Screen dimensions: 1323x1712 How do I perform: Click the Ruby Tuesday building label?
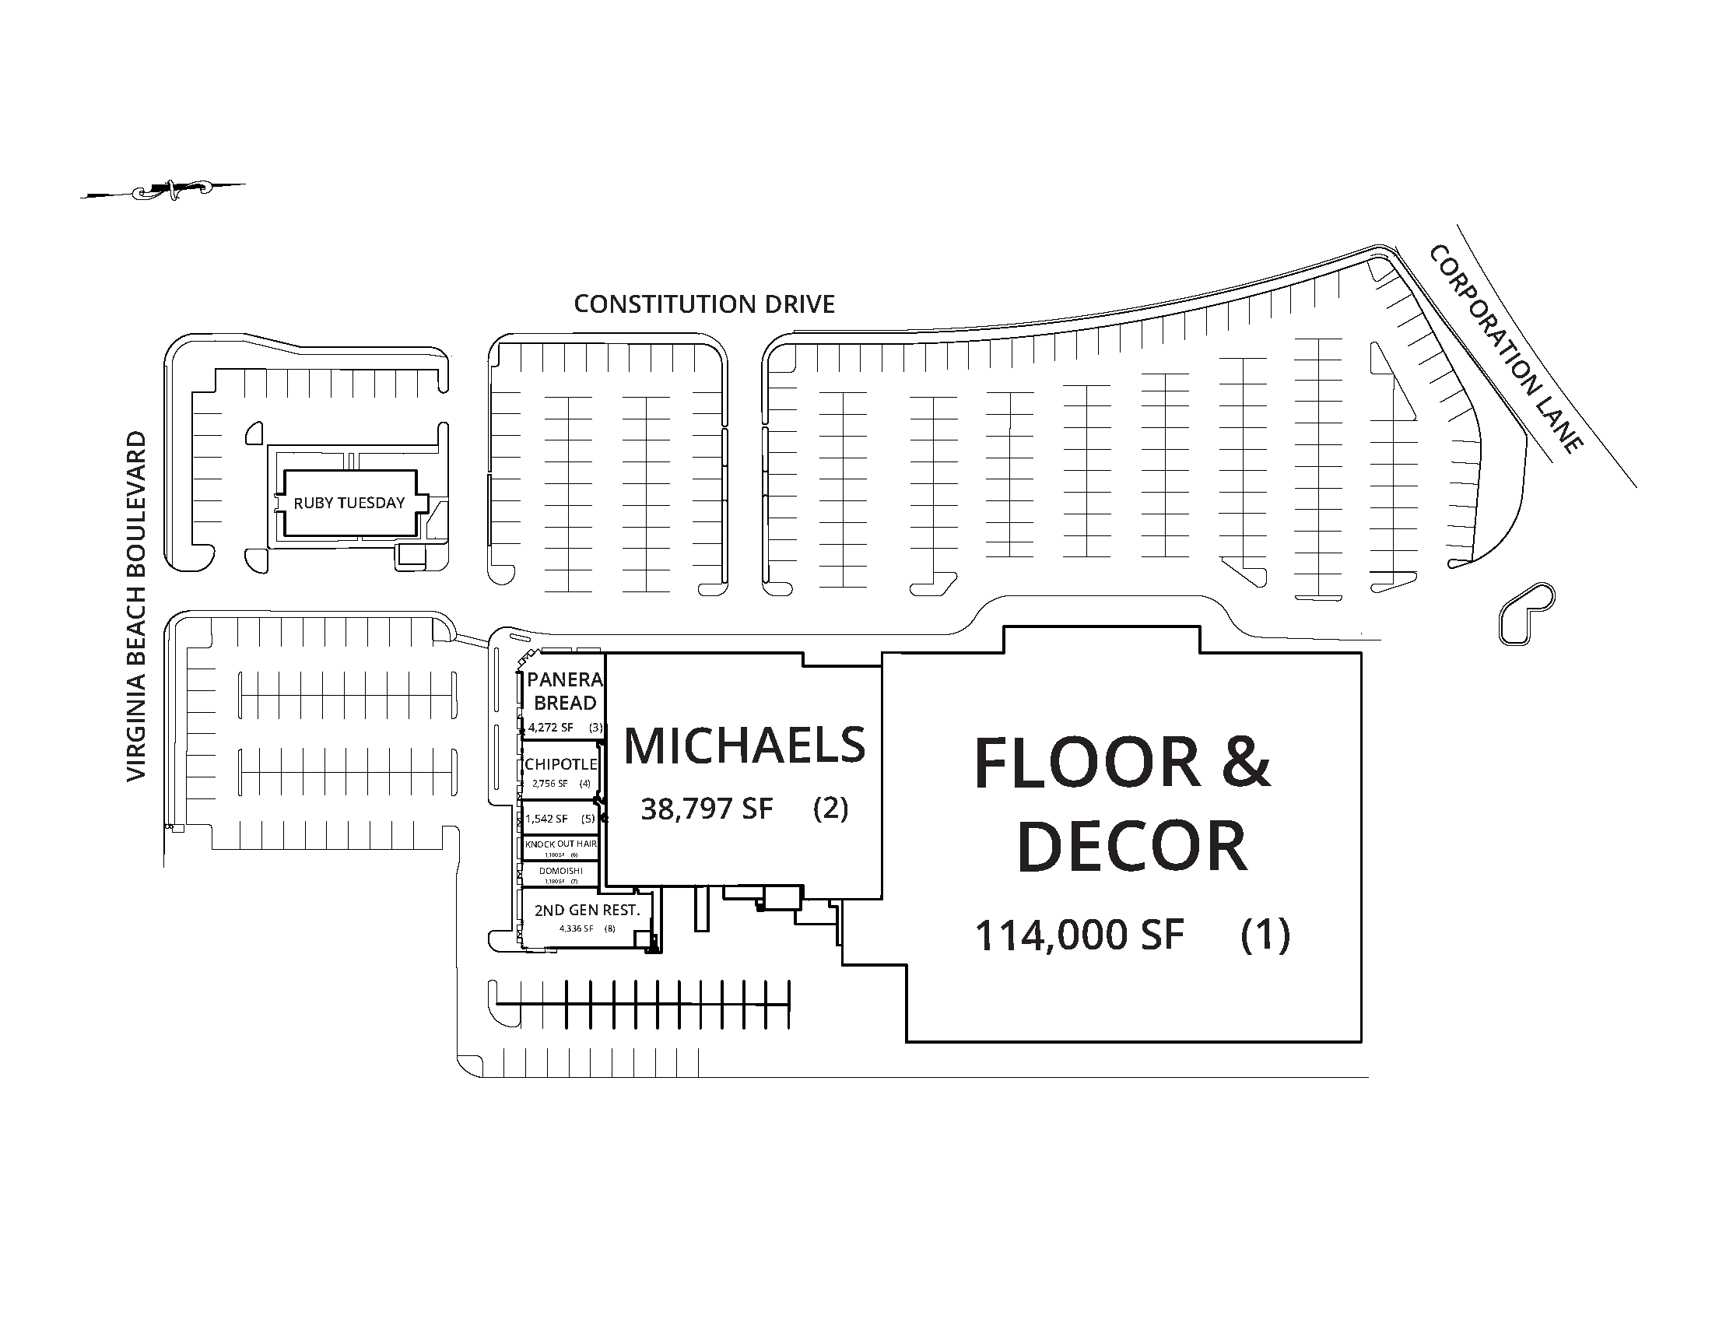349,504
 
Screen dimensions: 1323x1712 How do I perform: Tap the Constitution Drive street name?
704,304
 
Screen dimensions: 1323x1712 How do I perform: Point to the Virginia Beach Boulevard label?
136,605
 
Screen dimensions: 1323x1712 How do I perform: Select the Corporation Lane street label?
1505,349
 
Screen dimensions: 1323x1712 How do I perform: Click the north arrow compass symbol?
163,189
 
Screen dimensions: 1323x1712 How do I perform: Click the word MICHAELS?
744,746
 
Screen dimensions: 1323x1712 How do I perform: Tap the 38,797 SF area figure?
707,809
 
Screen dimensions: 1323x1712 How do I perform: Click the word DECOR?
1131,847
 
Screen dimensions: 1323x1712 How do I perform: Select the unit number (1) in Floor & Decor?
1265,935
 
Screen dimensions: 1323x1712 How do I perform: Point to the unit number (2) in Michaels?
830,808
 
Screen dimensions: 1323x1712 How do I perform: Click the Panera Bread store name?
564,691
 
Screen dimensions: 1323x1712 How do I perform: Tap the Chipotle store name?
560,764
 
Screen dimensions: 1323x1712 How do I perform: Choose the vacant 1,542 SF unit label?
546,819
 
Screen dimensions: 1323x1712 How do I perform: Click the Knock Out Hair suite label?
560,844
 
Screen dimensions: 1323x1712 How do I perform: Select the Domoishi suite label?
560,871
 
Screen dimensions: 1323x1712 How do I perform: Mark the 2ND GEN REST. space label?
586,910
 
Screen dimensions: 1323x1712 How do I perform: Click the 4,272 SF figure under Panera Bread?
550,728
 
